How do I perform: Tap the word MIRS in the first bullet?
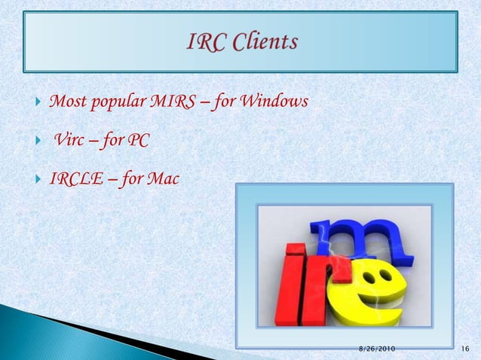point(175,101)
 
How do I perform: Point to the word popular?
point(112,101)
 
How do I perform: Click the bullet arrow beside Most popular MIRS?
point(38,102)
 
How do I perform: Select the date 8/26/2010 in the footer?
point(376,349)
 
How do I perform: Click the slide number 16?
point(465,349)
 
